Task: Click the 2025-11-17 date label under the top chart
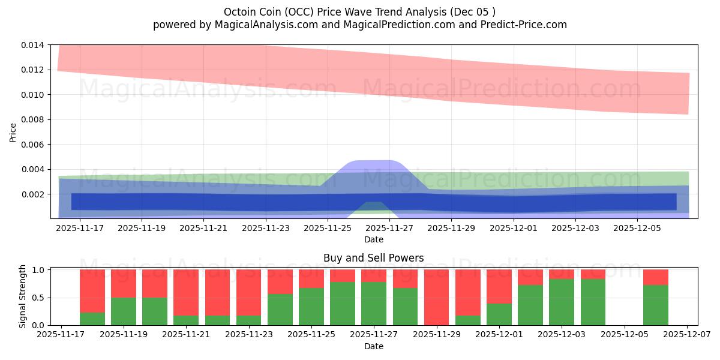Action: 80,228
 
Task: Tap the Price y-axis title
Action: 13,132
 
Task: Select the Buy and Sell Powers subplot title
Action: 373,258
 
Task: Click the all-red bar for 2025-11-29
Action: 436,297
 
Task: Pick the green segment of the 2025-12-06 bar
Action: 655,305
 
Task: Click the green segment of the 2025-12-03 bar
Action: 562,302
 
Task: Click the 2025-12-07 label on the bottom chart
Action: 688,335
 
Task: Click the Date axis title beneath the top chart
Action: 373,239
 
